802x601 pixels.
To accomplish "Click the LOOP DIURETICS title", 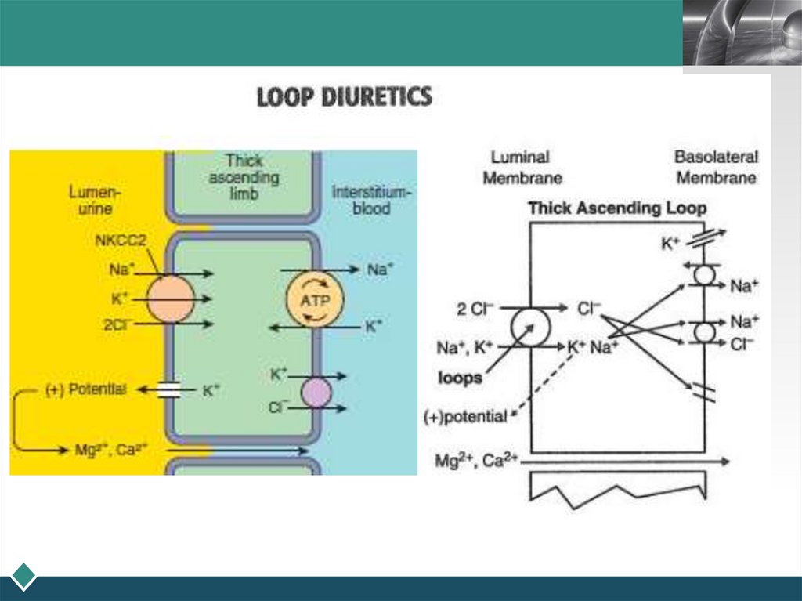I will [345, 97].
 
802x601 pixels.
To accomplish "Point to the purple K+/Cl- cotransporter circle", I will [316, 392].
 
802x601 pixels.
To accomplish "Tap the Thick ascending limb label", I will [244, 176].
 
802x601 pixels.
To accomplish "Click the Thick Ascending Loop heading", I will [617, 208].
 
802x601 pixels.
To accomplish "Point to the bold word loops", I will [460, 378].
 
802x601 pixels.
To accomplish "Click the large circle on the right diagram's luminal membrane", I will [529, 325].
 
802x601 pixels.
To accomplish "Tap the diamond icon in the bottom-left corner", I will [23, 575].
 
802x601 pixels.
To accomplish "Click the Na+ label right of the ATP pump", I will [381, 270].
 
